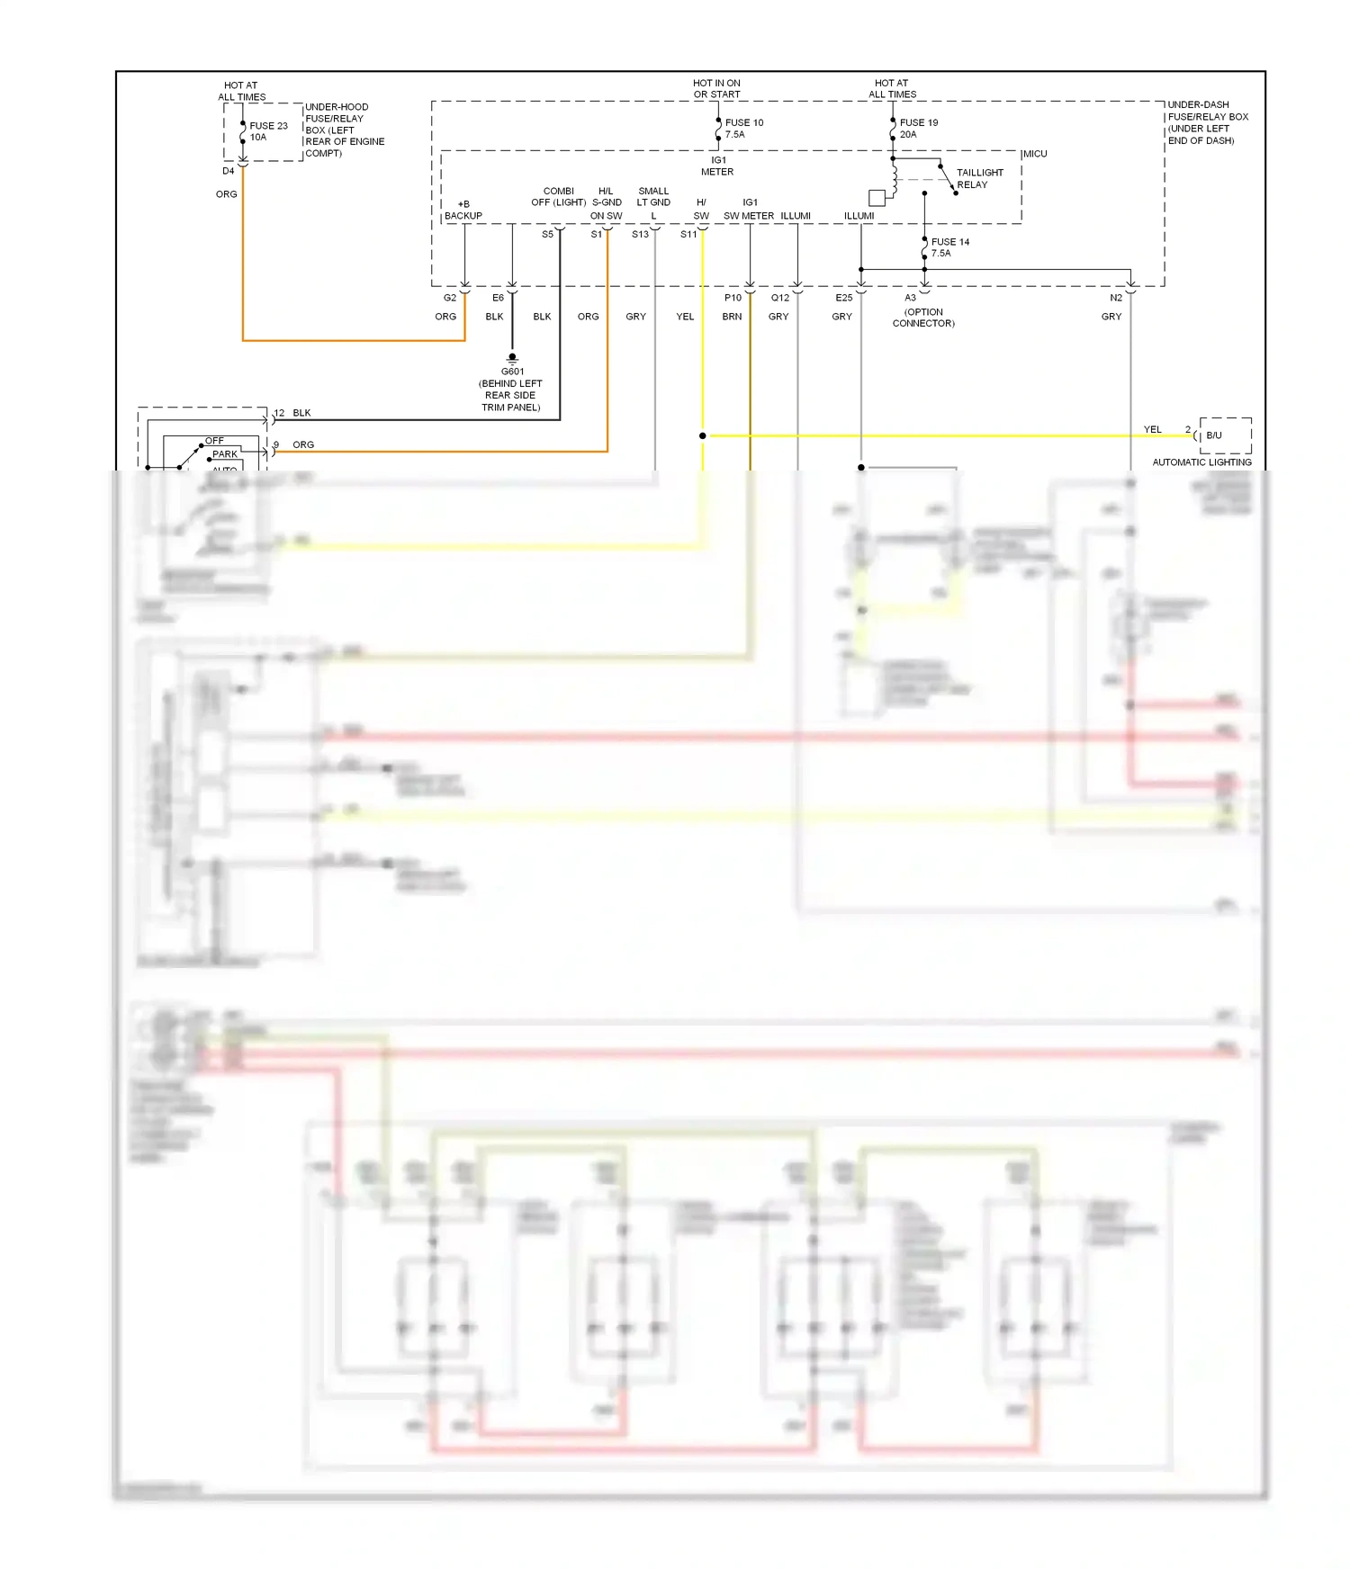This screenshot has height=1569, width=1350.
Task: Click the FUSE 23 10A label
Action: coord(268,131)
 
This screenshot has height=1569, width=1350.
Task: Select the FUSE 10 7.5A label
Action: coord(743,129)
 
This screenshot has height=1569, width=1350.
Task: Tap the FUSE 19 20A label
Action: coord(918,129)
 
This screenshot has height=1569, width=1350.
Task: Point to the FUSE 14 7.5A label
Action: coord(949,247)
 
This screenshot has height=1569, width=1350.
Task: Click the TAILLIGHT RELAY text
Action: coord(978,178)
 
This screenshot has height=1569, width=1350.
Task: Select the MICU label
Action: coord(1035,154)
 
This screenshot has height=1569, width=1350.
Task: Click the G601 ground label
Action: coord(512,372)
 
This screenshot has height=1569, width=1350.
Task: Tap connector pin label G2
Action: coord(450,298)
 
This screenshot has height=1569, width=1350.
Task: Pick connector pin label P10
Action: coord(733,298)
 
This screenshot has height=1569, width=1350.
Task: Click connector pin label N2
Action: coord(1116,298)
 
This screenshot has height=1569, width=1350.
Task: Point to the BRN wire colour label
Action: coord(732,317)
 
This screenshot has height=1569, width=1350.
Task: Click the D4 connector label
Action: coord(229,171)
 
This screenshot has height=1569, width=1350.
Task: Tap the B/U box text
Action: coord(1214,435)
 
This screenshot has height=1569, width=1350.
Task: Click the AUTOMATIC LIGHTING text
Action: coord(1201,462)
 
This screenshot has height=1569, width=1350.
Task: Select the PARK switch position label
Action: coord(225,454)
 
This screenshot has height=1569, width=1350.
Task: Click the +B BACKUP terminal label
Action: coord(463,211)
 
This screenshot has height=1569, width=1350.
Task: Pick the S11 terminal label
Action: coord(688,235)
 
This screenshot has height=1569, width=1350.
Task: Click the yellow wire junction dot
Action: coord(703,435)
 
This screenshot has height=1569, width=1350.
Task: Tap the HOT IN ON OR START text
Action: coord(716,88)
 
